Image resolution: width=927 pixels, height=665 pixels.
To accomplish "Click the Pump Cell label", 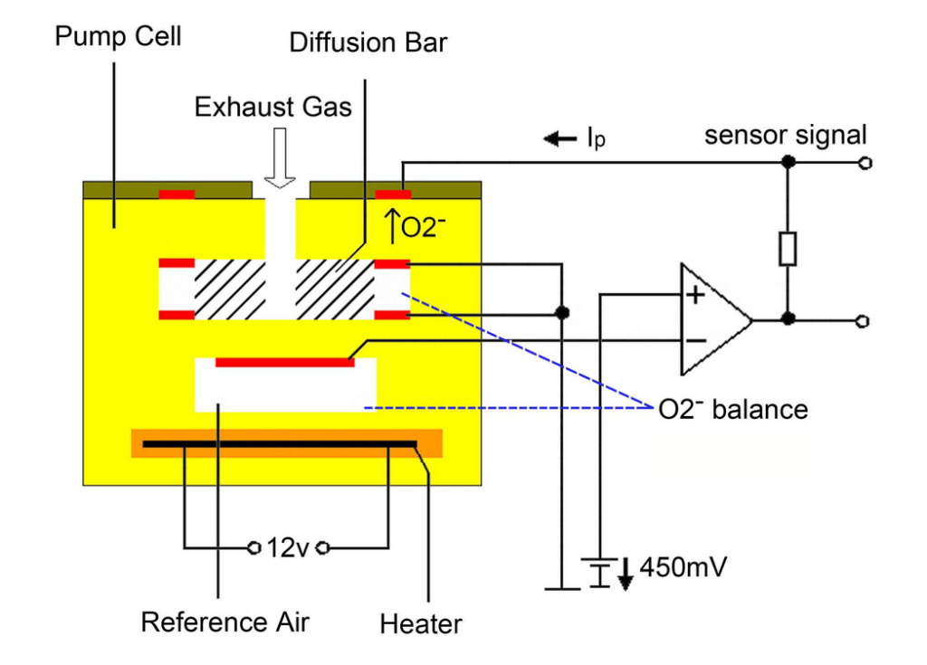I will pos(118,37).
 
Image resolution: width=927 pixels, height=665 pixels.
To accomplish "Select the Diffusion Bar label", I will pos(368,43).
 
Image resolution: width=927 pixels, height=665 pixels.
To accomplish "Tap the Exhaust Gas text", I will pos(273,108).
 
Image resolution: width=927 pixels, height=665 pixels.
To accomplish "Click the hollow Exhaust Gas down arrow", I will pos(282,157).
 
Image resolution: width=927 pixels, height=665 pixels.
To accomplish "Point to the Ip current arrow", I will pos(559,138).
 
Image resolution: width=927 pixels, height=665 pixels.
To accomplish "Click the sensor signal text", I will pos(785,136).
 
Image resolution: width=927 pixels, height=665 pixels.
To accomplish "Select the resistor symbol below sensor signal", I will pos(788,248).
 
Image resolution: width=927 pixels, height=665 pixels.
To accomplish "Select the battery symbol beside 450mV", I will pos(597,571).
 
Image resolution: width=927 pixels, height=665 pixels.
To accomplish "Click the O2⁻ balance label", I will pos(732,409).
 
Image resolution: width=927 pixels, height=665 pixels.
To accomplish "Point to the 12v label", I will pos(288,547).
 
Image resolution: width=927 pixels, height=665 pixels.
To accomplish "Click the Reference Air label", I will pos(225,622).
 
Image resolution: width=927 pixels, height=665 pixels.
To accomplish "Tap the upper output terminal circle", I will pos(865,164).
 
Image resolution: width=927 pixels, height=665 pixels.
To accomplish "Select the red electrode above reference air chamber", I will pos(284,362).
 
